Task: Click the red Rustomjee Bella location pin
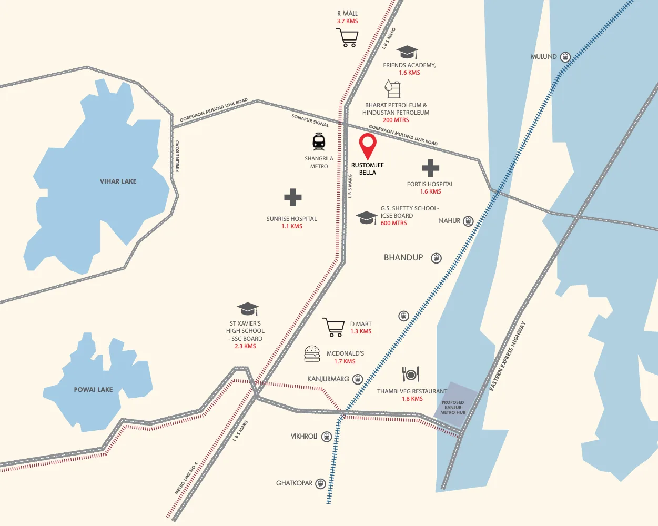368,146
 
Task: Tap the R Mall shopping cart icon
347,37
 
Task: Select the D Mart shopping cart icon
333,327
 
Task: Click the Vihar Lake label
118,181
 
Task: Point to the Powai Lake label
93,389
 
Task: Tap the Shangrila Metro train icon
319,141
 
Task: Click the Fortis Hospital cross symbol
430,168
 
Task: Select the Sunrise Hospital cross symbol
292,198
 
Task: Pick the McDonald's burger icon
312,354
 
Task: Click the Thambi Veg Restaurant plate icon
411,374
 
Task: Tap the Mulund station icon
565,57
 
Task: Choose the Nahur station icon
468,221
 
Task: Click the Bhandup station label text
403,257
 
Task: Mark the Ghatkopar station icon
320,483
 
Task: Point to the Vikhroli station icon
326,437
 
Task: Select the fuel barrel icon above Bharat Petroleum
392,89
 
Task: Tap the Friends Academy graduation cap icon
407,52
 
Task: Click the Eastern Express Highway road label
508,356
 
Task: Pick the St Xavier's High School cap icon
248,309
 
